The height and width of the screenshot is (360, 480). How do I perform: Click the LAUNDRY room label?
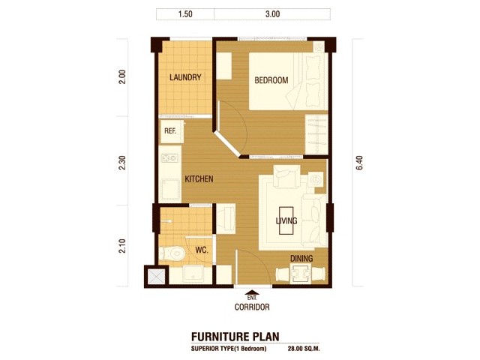pyautogui.click(x=185, y=77)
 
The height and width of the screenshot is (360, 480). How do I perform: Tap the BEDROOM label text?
pyautogui.click(x=271, y=80)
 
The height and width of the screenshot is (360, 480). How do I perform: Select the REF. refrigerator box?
pyautogui.click(x=172, y=132)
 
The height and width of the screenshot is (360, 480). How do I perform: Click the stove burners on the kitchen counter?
pyautogui.click(x=169, y=158)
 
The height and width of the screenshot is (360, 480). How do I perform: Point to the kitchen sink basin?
pyautogui.click(x=170, y=190)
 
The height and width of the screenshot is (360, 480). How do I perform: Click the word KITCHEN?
pyautogui.click(x=199, y=178)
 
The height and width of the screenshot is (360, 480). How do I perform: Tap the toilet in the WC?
pyautogui.click(x=172, y=253)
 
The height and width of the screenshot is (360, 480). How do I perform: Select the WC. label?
pyautogui.click(x=202, y=250)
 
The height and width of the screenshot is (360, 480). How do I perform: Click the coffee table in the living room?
pyautogui.click(x=286, y=220)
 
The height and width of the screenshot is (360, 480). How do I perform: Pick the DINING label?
pyautogui.click(x=301, y=258)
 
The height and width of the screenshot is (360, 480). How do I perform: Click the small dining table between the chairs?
pyautogui.click(x=300, y=273)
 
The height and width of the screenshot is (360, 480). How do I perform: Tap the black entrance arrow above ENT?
pyautogui.click(x=252, y=292)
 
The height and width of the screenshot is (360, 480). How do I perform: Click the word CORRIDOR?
pyautogui.click(x=252, y=307)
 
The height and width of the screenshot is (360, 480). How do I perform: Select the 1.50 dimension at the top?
pyautogui.click(x=185, y=14)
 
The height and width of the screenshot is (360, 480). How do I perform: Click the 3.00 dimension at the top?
pyautogui.click(x=272, y=14)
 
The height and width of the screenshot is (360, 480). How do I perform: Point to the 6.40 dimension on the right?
pyautogui.click(x=359, y=163)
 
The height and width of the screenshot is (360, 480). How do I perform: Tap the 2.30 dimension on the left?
pyautogui.click(x=122, y=163)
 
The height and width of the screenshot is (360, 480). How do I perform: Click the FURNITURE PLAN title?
pyautogui.click(x=235, y=337)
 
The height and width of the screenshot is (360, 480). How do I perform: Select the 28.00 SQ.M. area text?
pyautogui.click(x=304, y=348)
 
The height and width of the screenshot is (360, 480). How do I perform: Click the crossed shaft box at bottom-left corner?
pyautogui.click(x=156, y=277)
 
